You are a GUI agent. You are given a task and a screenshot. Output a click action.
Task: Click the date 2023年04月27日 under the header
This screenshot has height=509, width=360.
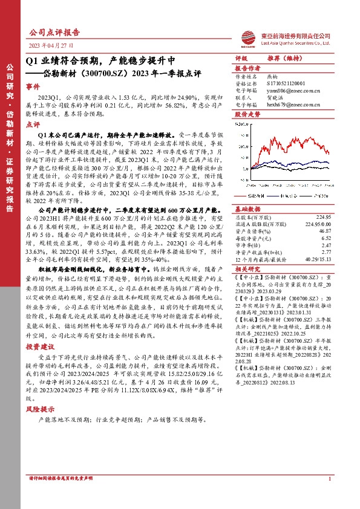tap(51, 45)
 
